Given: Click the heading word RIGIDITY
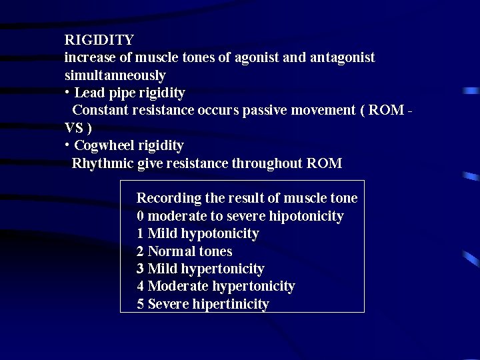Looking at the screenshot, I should tap(99, 40).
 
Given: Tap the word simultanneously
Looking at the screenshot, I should tap(115, 75).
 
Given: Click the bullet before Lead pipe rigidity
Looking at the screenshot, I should tap(67, 91).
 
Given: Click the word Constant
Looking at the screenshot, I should tap(99, 110).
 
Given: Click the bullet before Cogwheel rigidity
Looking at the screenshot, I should tap(67, 144).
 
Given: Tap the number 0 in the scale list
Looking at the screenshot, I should tap(140, 216).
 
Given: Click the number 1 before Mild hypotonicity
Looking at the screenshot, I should tap(140, 233).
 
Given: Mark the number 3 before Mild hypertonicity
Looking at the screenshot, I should tap(140, 269).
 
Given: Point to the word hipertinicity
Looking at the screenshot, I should tap(231, 305).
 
